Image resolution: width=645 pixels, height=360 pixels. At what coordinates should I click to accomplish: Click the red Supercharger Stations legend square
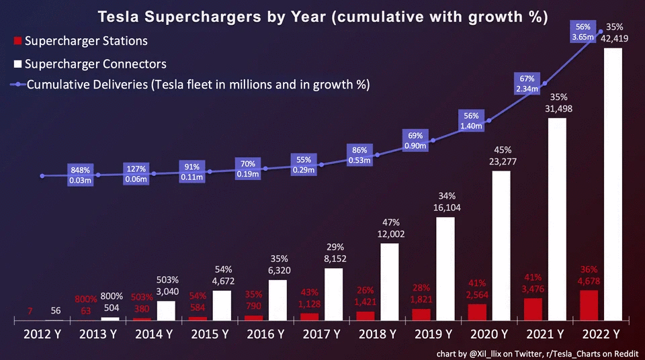coord(18,42)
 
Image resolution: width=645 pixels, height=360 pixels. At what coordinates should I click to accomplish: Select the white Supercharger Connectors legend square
coord(18,64)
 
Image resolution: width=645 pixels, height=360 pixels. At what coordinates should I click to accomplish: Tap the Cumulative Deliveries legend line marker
coord(18,85)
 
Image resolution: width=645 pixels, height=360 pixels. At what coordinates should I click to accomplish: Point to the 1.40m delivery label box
coord(472,120)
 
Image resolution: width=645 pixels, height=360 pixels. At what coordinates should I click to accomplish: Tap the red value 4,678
coord(588,281)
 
